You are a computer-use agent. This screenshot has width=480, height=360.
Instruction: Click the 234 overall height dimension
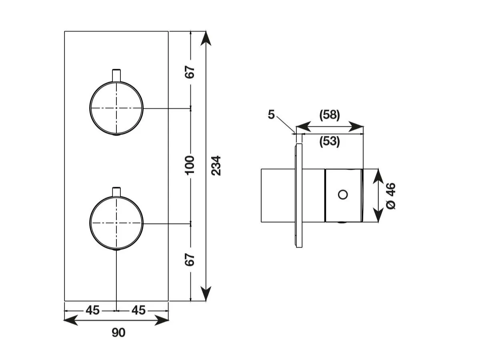(x=216, y=166)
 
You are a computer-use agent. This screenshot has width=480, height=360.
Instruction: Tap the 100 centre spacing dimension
(x=189, y=165)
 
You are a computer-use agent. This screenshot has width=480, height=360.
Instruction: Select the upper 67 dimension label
(x=190, y=72)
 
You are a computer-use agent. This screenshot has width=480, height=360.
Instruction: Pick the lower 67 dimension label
(x=190, y=260)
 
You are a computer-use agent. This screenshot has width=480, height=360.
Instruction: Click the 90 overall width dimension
(x=118, y=332)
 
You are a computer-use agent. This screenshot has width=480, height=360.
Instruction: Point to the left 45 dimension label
(x=92, y=310)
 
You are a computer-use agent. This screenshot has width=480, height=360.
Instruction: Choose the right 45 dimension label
(x=138, y=310)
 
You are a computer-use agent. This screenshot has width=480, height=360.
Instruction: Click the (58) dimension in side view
(x=330, y=115)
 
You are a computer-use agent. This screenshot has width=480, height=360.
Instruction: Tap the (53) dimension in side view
(x=330, y=142)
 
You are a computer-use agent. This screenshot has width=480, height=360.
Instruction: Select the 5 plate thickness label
(x=271, y=114)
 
